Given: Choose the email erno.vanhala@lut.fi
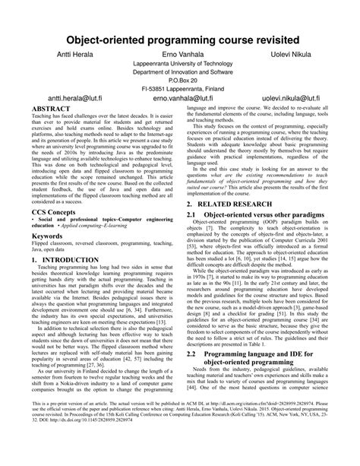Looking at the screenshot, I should pyautogui.click(x=180, y=99).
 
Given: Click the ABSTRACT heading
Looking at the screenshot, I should pyautogui.click(x=52, y=109).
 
